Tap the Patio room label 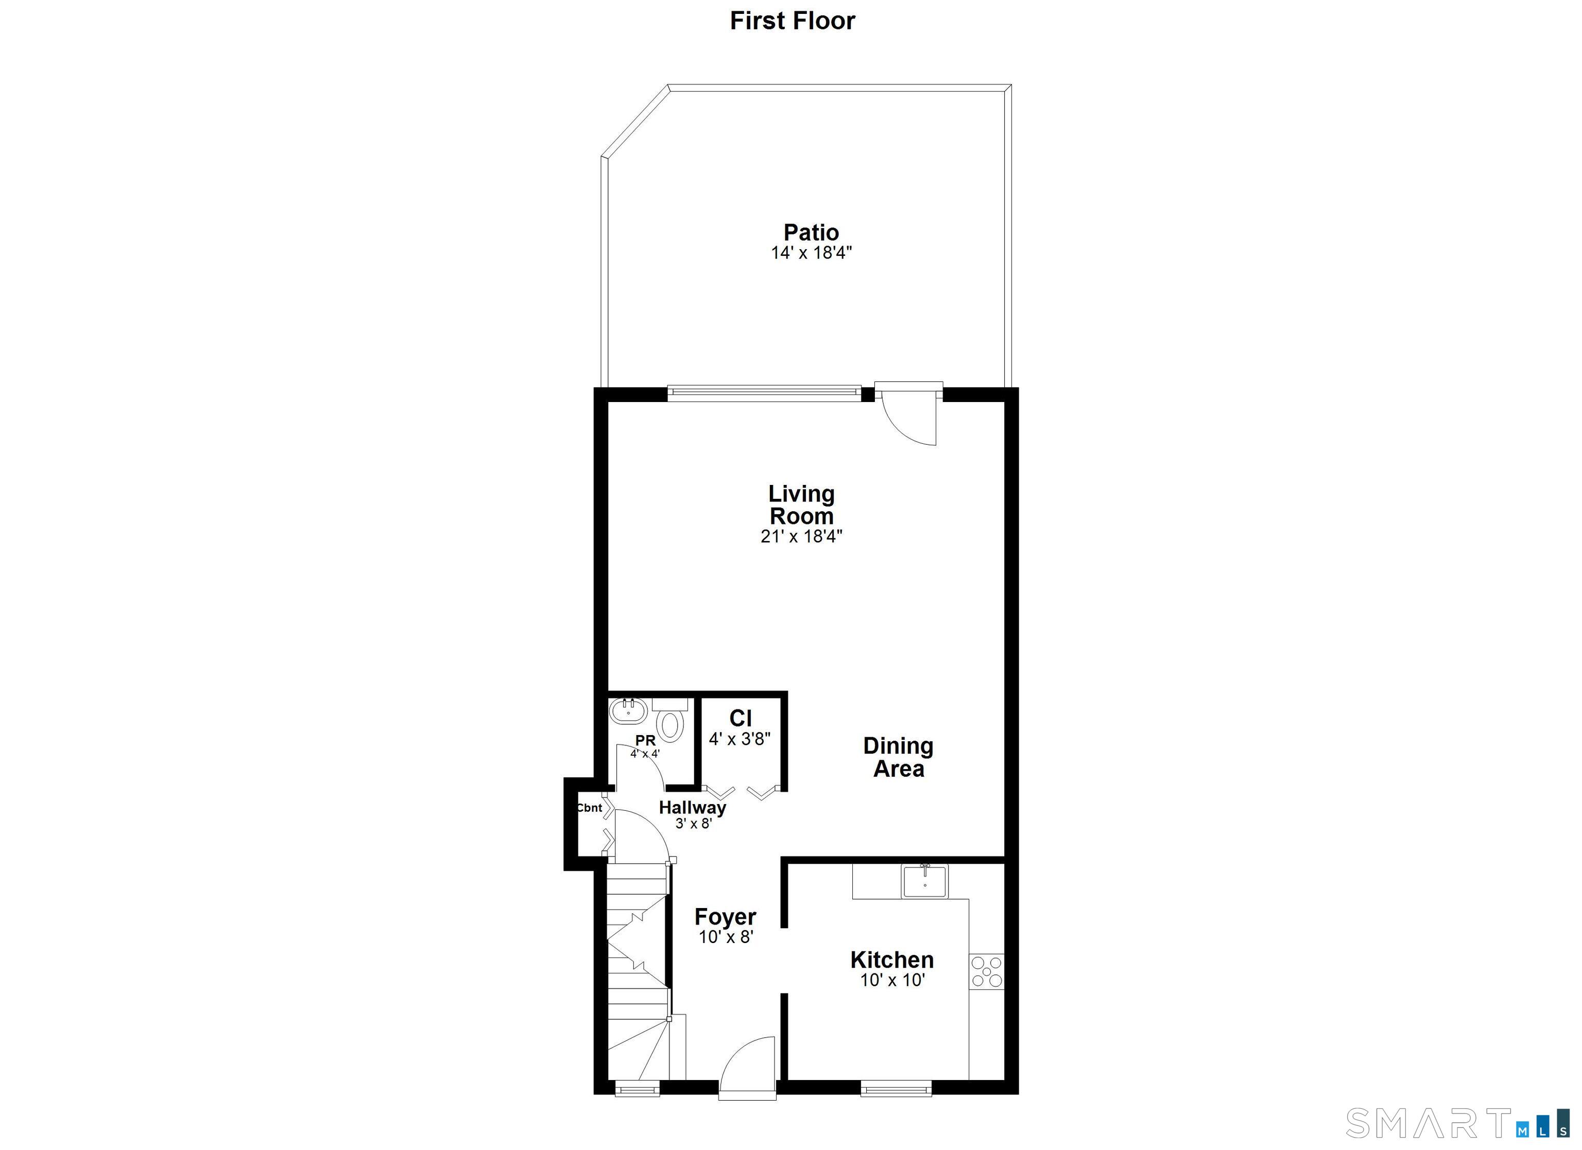811,232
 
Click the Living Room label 801,505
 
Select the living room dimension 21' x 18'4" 801,536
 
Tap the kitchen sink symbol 924,881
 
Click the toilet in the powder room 670,724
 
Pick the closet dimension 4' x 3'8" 740,739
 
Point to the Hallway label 692,808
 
